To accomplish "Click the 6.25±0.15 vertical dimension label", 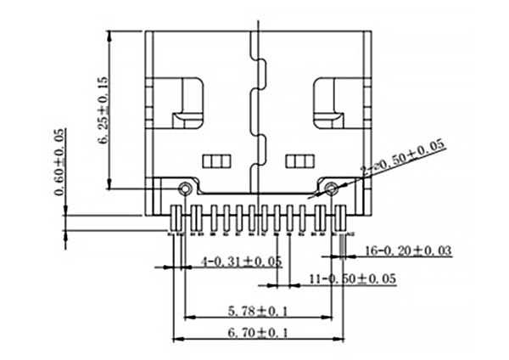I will [x=103, y=110].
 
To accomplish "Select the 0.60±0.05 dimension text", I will [x=59, y=161].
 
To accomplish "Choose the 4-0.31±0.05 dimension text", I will [x=240, y=261].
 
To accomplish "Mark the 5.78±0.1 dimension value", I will [x=259, y=311].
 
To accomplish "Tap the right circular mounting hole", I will [x=331, y=187].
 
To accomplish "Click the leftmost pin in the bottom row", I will [x=176, y=217].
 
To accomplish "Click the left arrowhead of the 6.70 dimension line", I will [x=176, y=340].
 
